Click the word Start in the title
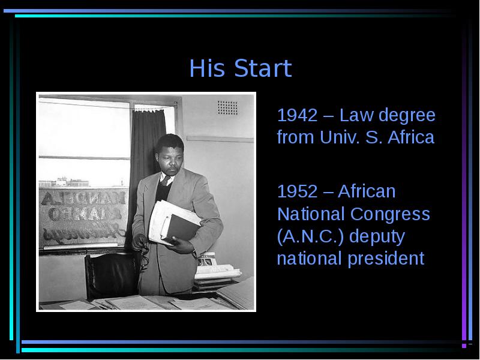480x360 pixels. pyautogui.click(x=263, y=68)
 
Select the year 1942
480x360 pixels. pyautogui.click(x=297, y=115)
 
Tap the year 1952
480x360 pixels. pyautogui.click(x=297, y=191)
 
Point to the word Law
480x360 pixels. pyautogui.click(x=356, y=115)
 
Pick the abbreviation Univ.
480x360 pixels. pyautogui.click(x=339, y=137)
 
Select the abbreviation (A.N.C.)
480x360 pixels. pyautogui.click(x=311, y=237)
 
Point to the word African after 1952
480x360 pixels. pyautogui.click(x=367, y=191)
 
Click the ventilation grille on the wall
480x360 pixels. pyautogui.click(x=227, y=108)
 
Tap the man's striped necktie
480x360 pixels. pyautogui.click(x=164, y=181)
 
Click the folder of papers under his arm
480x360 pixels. pyautogui.click(x=175, y=223)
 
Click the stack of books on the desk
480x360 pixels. pyautogui.click(x=216, y=271)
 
